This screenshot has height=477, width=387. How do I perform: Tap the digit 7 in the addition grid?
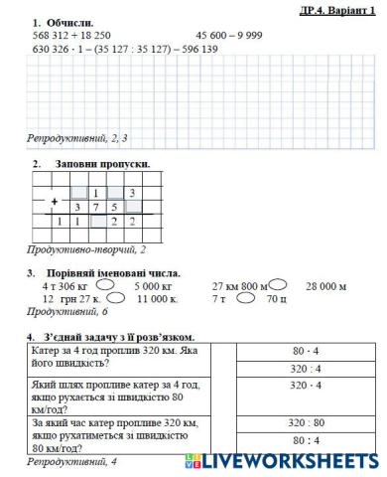95,207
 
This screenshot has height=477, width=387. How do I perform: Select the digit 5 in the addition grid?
114,207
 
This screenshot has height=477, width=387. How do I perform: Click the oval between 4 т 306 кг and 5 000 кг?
117,285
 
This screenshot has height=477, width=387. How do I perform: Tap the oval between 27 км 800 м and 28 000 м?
282,285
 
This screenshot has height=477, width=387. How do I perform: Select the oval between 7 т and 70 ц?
247,298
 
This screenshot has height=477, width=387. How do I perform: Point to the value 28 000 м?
325,286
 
